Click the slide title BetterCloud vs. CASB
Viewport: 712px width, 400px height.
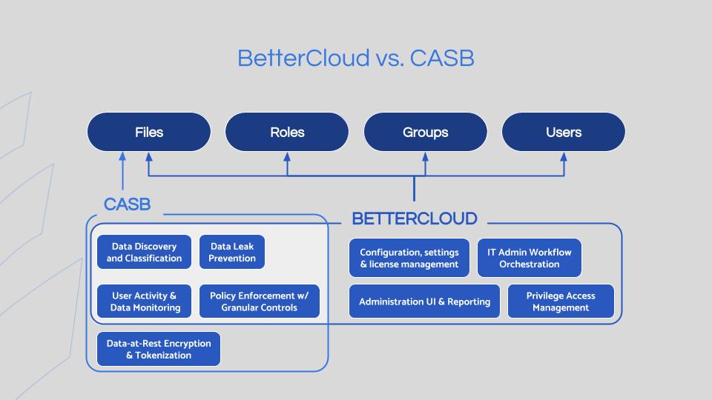tap(355, 58)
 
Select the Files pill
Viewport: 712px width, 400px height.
tap(149, 132)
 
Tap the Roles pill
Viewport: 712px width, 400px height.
tap(287, 132)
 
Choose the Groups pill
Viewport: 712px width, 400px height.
tap(426, 132)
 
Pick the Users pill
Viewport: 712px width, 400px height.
tap(564, 132)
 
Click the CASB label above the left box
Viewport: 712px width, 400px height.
tap(127, 204)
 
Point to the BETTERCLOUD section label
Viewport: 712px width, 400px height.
tap(415, 219)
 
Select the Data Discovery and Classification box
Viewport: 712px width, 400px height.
tap(144, 252)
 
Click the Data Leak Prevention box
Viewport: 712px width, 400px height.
tap(232, 252)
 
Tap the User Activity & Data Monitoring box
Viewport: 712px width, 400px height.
tap(144, 301)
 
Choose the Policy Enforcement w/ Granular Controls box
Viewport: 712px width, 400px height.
tap(260, 301)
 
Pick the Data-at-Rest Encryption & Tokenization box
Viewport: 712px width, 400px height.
tap(159, 349)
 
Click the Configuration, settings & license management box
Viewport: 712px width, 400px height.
tap(409, 258)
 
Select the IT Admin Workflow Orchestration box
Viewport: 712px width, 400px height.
tap(530, 258)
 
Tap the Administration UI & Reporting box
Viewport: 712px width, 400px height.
tap(424, 301)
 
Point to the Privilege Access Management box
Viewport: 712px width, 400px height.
tap(561, 301)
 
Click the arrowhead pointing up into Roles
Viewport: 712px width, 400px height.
tap(287, 157)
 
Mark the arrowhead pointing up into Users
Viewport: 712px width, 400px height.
tap(564, 157)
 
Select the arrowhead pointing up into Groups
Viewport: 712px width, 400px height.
tap(426, 157)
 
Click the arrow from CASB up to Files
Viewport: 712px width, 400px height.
tap(122, 171)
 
